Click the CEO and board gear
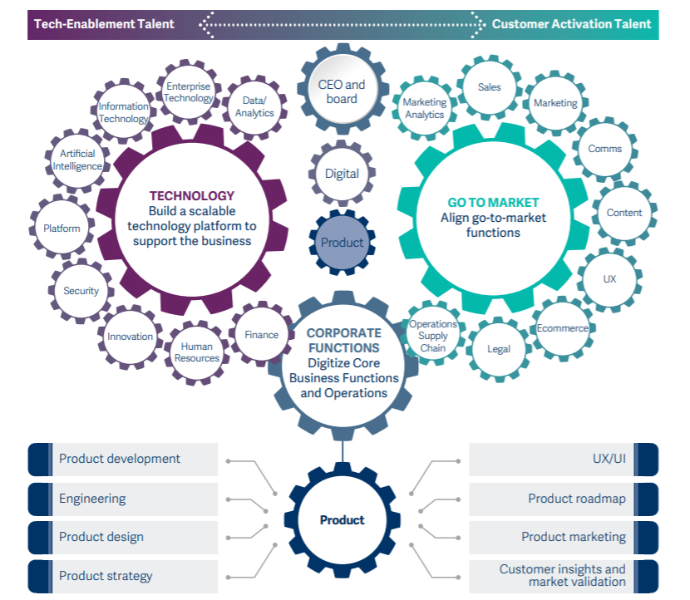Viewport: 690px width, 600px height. coord(342,91)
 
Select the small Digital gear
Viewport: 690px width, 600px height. coord(342,174)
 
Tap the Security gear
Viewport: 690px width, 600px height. coord(81,291)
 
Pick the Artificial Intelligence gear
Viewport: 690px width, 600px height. coord(77,160)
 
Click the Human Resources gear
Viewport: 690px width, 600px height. coord(197,352)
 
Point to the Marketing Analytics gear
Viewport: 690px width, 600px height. coord(425,109)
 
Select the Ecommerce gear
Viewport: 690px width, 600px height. coord(562,328)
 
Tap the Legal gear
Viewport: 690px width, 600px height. coord(499,349)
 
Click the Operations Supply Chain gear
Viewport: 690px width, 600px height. coord(433,336)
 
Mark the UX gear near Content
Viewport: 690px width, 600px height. coord(610,279)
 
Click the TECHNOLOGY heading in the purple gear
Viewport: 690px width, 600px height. coord(192,196)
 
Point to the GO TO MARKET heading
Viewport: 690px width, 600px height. coord(493,202)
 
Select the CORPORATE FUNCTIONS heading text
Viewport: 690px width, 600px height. coord(343,341)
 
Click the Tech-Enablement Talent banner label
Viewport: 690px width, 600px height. coord(104,24)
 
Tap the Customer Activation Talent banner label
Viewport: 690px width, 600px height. coord(572,24)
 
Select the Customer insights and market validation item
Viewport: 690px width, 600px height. coord(564,576)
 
